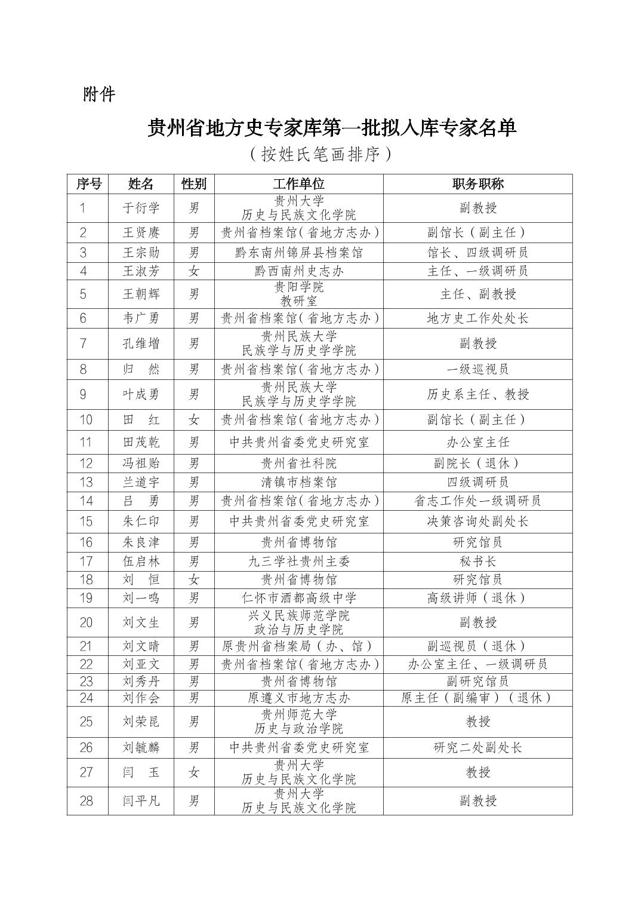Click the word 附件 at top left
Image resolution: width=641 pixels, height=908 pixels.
tap(99, 94)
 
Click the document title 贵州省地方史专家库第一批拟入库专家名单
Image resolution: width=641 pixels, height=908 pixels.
tap(332, 127)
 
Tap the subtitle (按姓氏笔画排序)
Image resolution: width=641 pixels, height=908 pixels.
tap(320, 154)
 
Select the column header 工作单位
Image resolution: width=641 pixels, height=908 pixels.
tap(298, 183)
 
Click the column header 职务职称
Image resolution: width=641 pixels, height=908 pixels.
tap(477, 183)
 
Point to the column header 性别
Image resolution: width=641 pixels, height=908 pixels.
tap(194, 183)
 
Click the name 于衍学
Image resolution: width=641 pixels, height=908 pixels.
tap(141, 208)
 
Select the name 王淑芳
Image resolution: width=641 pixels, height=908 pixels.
tap(141, 271)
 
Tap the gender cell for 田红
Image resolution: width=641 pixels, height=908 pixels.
tap(194, 419)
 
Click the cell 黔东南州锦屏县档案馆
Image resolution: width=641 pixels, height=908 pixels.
tap(298, 253)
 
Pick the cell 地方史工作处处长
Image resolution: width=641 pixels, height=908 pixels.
tap(477, 318)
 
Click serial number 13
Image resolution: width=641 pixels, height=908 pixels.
tap(87, 481)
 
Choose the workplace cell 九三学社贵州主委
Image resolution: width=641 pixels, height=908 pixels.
tap(298, 561)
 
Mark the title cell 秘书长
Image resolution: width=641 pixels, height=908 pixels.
tap(477, 561)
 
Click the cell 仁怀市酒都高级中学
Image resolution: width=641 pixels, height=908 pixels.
tap(298, 597)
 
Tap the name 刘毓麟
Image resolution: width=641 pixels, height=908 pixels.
tap(141, 747)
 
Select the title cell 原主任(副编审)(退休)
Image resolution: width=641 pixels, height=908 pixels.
tap(477, 697)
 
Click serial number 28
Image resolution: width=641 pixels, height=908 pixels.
tap(87, 800)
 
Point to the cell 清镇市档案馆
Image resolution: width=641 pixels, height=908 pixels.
tap(298, 481)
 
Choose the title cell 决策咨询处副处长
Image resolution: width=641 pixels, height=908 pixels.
tap(477, 522)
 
